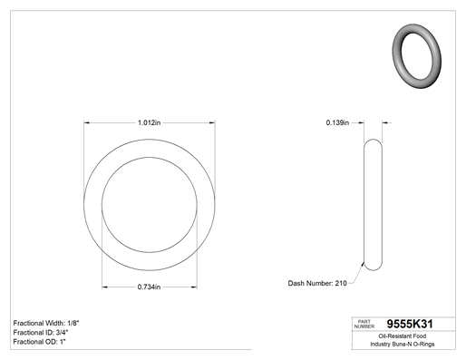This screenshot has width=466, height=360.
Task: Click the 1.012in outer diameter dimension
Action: point(150,122)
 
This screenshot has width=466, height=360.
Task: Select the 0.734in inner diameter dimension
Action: point(149,287)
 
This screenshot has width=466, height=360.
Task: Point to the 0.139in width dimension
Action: point(337,122)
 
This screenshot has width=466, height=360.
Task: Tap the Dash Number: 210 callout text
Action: point(317,283)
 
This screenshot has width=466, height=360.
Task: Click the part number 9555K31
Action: point(410,324)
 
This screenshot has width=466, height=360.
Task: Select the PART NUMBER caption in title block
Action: point(364,324)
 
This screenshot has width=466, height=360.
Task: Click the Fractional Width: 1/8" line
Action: point(46,323)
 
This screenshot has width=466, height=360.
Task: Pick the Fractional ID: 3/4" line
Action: point(41,333)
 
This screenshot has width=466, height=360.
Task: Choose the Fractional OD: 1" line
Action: point(40,342)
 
